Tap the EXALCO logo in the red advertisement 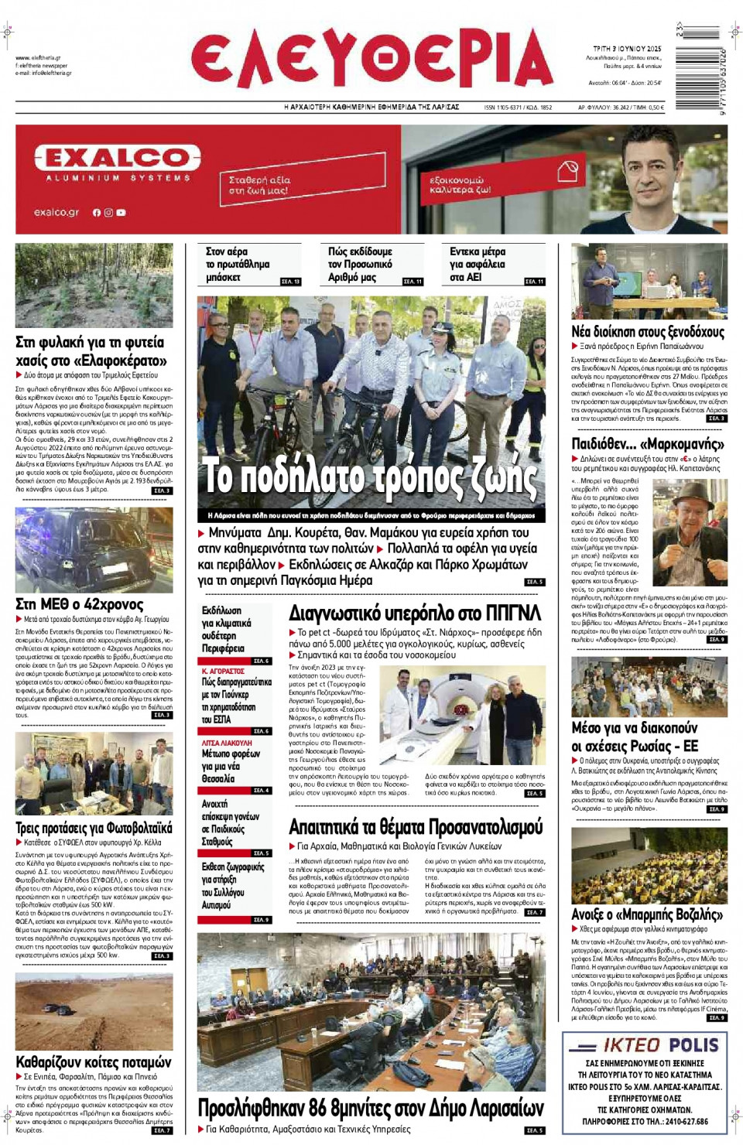coord(117,159)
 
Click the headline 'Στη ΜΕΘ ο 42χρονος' coord(80,604)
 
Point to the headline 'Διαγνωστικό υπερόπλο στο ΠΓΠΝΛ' coord(415,614)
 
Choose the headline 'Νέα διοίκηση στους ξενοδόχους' coord(648,332)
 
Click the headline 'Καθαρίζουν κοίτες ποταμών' coord(94,1062)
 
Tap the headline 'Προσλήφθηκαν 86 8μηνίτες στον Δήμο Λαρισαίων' coord(370,1108)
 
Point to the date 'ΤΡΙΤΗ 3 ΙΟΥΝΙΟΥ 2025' coord(627,49)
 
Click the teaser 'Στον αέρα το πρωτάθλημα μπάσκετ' coord(238,264)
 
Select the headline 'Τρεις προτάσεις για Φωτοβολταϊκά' coord(94,829)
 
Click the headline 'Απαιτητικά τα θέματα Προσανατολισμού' coord(416,827)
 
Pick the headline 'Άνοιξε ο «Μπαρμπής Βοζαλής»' coord(647,914)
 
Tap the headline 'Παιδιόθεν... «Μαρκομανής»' coord(648,444)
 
